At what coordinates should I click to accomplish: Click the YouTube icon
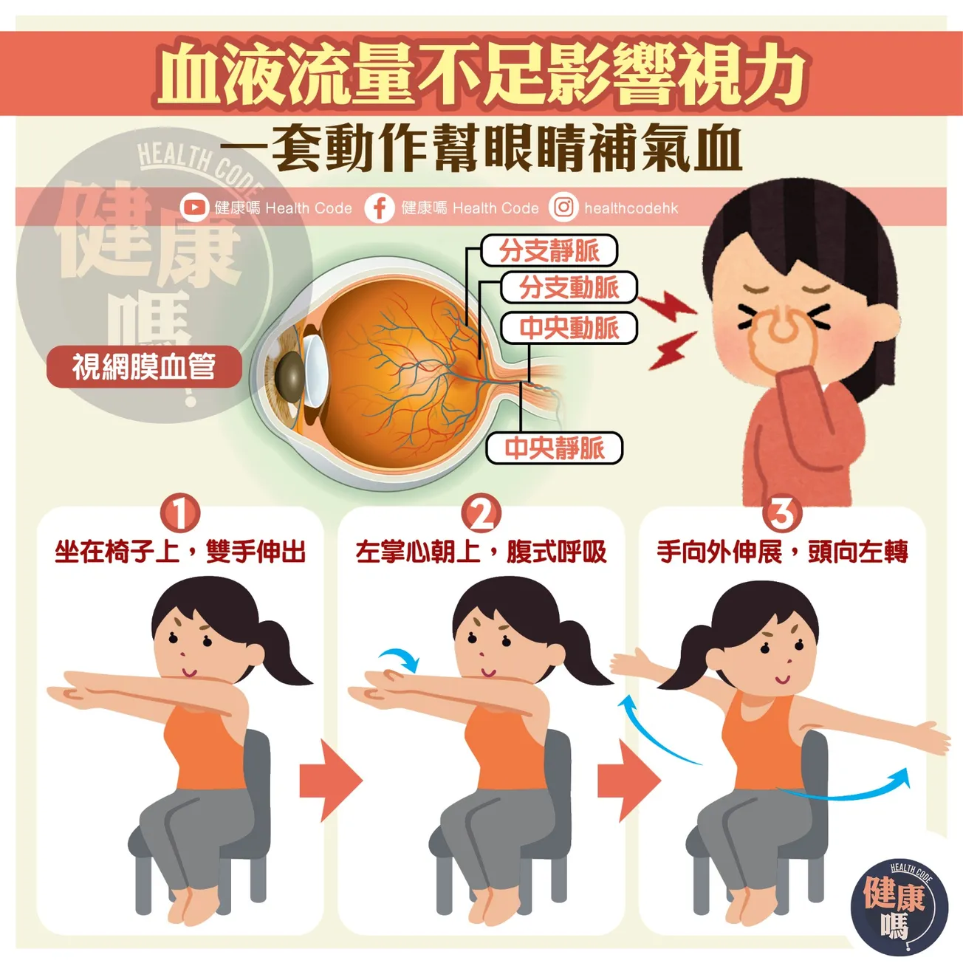[x=194, y=208]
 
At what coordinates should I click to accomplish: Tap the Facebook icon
[x=380, y=208]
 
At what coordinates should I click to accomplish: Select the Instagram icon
[x=563, y=208]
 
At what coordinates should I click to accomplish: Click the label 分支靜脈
[x=549, y=250]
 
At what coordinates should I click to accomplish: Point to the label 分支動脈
[x=569, y=287]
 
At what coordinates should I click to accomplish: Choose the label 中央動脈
[x=569, y=328]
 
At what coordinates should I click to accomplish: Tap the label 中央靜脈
[x=554, y=448]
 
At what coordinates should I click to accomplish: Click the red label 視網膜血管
[x=144, y=366]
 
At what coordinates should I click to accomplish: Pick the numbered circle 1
[x=180, y=513]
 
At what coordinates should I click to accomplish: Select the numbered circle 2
[x=481, y=513]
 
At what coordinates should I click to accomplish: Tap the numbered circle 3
[x=782, y=513]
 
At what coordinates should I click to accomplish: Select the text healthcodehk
[x=631, y=208]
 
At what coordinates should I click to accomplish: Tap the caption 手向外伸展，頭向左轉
[x=782, y=552]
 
